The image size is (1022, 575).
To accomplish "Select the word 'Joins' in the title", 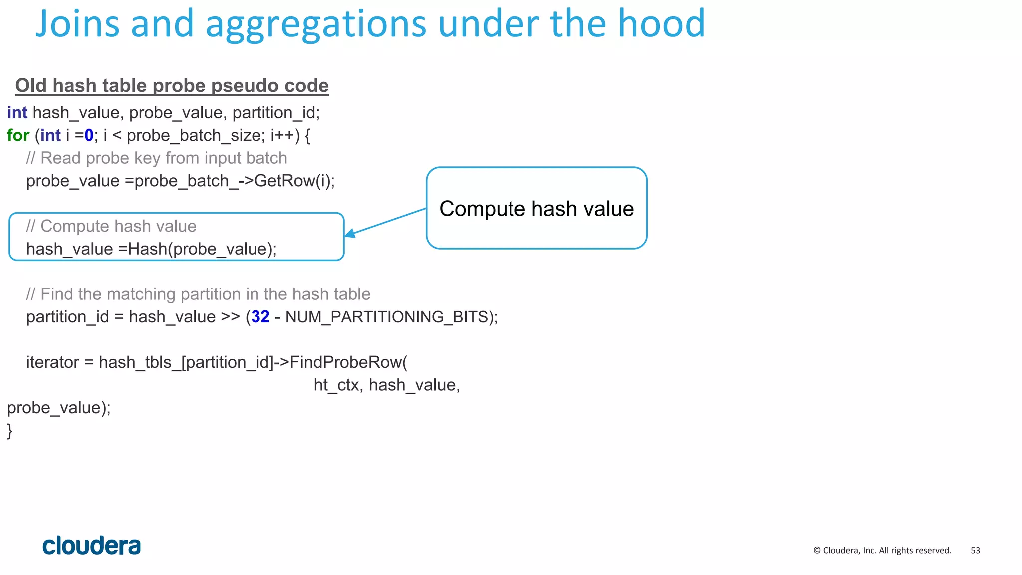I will tap(77, 24).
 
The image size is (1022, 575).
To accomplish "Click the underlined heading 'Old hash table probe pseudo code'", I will tap(172, 86).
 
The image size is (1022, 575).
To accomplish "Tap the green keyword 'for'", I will tap(18, 135).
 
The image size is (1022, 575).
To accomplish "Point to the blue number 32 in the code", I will tap(260, 317).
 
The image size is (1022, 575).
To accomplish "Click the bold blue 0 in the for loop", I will tap(89, 135).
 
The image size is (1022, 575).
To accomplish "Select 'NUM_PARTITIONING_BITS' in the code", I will tap(387, 317).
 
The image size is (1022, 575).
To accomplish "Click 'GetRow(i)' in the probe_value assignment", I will tap(293, 181).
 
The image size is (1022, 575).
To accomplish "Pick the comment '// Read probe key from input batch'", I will tap(157, 158).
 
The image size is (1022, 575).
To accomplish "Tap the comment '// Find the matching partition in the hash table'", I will tap(198, 294).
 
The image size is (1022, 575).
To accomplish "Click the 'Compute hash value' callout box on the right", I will tap(536, 208).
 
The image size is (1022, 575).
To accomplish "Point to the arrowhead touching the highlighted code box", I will tap(350, 233).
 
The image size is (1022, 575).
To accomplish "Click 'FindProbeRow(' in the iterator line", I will tap(348, 362).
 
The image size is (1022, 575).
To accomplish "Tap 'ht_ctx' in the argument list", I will tap(336, 385).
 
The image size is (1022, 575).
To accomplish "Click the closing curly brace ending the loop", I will tap(10, 431).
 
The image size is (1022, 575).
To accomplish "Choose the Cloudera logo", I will tap(92, 546).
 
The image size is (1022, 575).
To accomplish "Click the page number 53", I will tap(975, 551).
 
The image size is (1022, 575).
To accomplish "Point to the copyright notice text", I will tap(882, 551).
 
